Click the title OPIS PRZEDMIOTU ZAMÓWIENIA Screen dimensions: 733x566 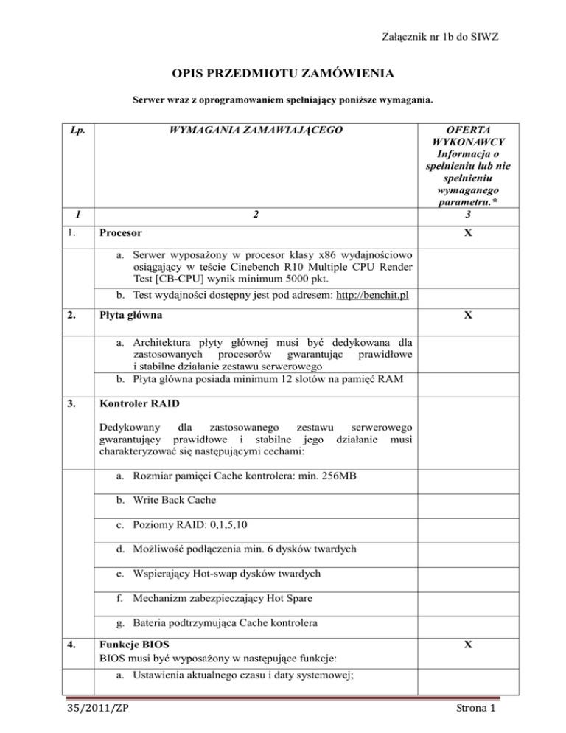(283, 74)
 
